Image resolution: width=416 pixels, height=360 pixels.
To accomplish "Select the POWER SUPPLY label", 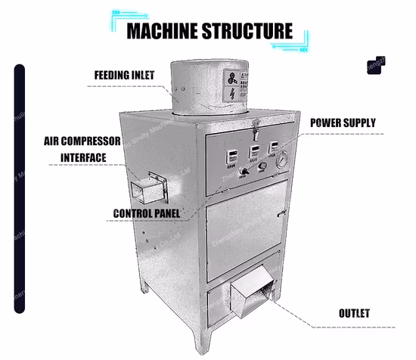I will click(343, 123).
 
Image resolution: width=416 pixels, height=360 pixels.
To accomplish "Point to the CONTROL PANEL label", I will click(146, 214).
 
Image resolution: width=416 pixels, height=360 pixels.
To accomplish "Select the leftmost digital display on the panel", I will click(228, 154).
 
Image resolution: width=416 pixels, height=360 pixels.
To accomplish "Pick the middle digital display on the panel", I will click(254, 151).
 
